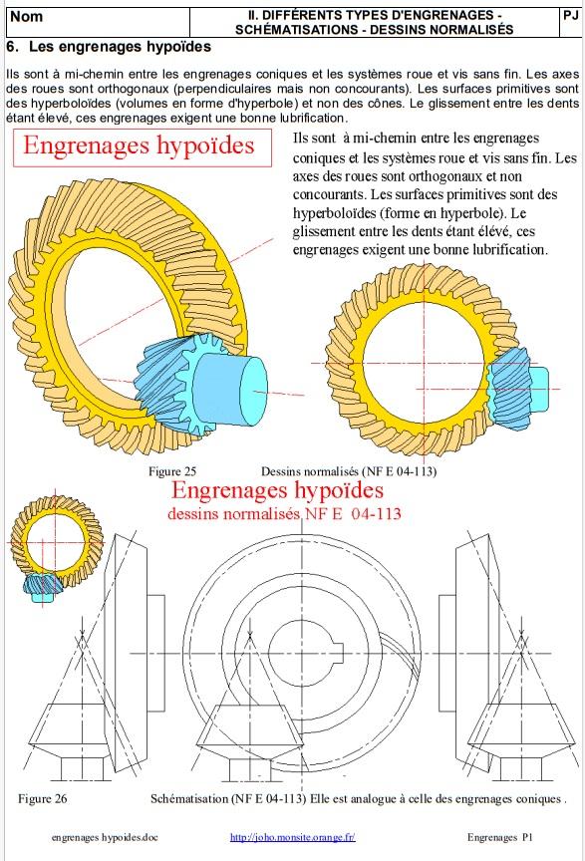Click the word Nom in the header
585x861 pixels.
26,17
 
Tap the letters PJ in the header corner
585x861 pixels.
571,15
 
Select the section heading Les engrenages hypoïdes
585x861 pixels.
120,47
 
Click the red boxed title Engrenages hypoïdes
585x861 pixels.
139,145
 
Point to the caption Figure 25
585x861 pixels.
172,471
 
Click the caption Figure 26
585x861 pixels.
42,798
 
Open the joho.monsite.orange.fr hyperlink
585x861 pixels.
292,837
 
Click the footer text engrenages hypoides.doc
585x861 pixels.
105,837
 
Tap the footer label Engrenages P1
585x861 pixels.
500,837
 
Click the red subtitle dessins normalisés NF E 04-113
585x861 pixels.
284,514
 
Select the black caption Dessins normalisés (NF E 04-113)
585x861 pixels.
349,471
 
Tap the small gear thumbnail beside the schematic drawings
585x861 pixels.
56,547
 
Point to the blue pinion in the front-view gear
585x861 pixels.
516,388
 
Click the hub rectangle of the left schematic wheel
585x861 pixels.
156,653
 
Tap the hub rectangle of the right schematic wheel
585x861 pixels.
447,653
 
